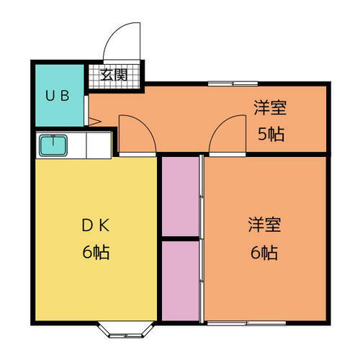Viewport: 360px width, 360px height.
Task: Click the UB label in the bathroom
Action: [58, 96]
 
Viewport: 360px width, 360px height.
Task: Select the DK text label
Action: [94, 224]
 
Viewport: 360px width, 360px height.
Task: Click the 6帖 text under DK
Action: [94, 253]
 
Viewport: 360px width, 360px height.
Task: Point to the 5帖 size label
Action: [270, 134]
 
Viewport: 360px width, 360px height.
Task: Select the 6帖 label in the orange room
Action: [264, 253]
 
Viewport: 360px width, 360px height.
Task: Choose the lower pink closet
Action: [180, 279]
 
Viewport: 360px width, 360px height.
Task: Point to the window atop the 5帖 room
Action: [230, 84]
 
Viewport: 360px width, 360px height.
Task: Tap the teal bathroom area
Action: [59, 108]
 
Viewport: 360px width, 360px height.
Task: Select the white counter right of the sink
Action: [98, 145]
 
